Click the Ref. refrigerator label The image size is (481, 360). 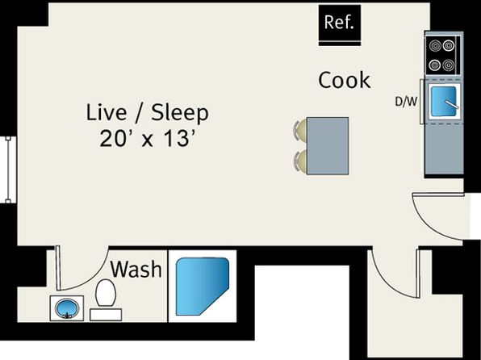(339, 23)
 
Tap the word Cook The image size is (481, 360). (344, 81)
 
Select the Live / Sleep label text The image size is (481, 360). (147, 113)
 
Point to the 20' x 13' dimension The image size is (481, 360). (148, 138)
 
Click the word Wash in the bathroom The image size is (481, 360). (136, 269)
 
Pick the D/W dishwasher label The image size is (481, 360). (406, 102)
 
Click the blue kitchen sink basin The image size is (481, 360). (443, 101)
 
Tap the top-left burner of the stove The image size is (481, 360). (435, 46)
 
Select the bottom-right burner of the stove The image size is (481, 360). (449, 65)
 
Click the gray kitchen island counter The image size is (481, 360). (328, 146)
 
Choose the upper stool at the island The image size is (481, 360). (300, 130)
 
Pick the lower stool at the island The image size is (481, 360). (300, 161)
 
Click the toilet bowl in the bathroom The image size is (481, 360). (106, 293)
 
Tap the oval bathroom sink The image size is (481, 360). (66, 308)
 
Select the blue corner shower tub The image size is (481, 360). (202, 287)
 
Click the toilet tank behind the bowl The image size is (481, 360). (106, 315)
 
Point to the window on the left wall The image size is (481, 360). (9, 170)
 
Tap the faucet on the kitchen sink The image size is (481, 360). (452, 104)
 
